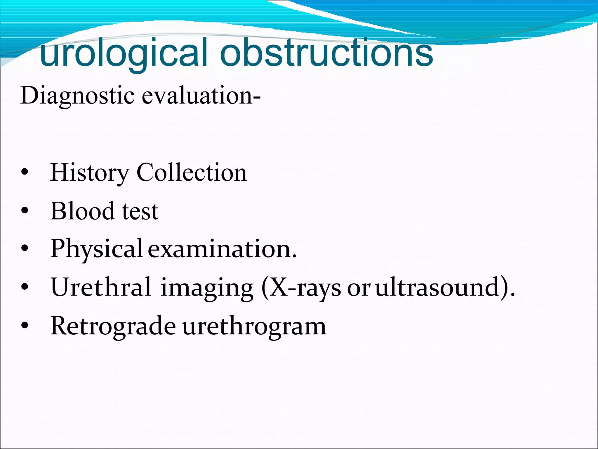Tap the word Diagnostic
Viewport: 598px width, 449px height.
(x=77, y=96)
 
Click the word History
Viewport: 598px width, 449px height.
(x=89, y=173)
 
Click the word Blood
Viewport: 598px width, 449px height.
(x=82, y=211)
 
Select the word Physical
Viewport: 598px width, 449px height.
(x=96, y=249)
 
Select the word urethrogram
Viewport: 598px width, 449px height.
(x=254, y=326)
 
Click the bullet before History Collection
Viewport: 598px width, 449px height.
(x=25, y=173)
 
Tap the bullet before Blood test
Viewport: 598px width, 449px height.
(x=25, y=211)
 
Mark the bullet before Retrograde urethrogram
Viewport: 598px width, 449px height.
(x=25, y=326)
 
